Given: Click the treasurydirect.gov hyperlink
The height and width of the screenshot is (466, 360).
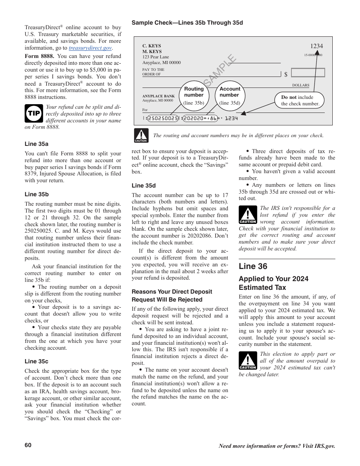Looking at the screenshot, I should point(90,48).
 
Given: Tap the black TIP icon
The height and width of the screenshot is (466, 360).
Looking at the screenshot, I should point(34,114).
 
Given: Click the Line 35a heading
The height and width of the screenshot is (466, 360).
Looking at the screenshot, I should point(36,144).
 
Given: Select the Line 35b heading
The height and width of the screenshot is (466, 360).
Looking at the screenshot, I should point(36,194).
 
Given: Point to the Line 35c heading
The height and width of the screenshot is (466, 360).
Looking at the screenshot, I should point(36,361).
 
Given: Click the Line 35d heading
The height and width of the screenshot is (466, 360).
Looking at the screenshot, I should point(144,186).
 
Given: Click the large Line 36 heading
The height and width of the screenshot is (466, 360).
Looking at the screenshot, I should point(253,266).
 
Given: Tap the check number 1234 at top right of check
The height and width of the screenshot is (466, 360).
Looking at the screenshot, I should point(316,46).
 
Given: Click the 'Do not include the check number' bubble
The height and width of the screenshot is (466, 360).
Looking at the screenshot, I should point(300,100).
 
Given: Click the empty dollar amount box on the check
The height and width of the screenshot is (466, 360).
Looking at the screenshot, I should point(308,73).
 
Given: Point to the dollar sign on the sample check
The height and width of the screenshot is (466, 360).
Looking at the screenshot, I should point(286,75).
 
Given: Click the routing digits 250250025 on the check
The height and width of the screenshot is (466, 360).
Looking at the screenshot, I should point(163,119).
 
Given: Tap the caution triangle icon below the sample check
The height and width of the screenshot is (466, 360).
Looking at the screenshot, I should point(141,135).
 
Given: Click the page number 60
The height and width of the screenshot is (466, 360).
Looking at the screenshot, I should point(28,445).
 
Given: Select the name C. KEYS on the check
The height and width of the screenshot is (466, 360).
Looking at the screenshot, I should point(152,46).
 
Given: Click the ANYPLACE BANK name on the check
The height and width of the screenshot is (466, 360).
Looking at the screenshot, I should point(158,96).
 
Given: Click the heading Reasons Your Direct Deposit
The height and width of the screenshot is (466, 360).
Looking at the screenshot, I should point(172,292).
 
